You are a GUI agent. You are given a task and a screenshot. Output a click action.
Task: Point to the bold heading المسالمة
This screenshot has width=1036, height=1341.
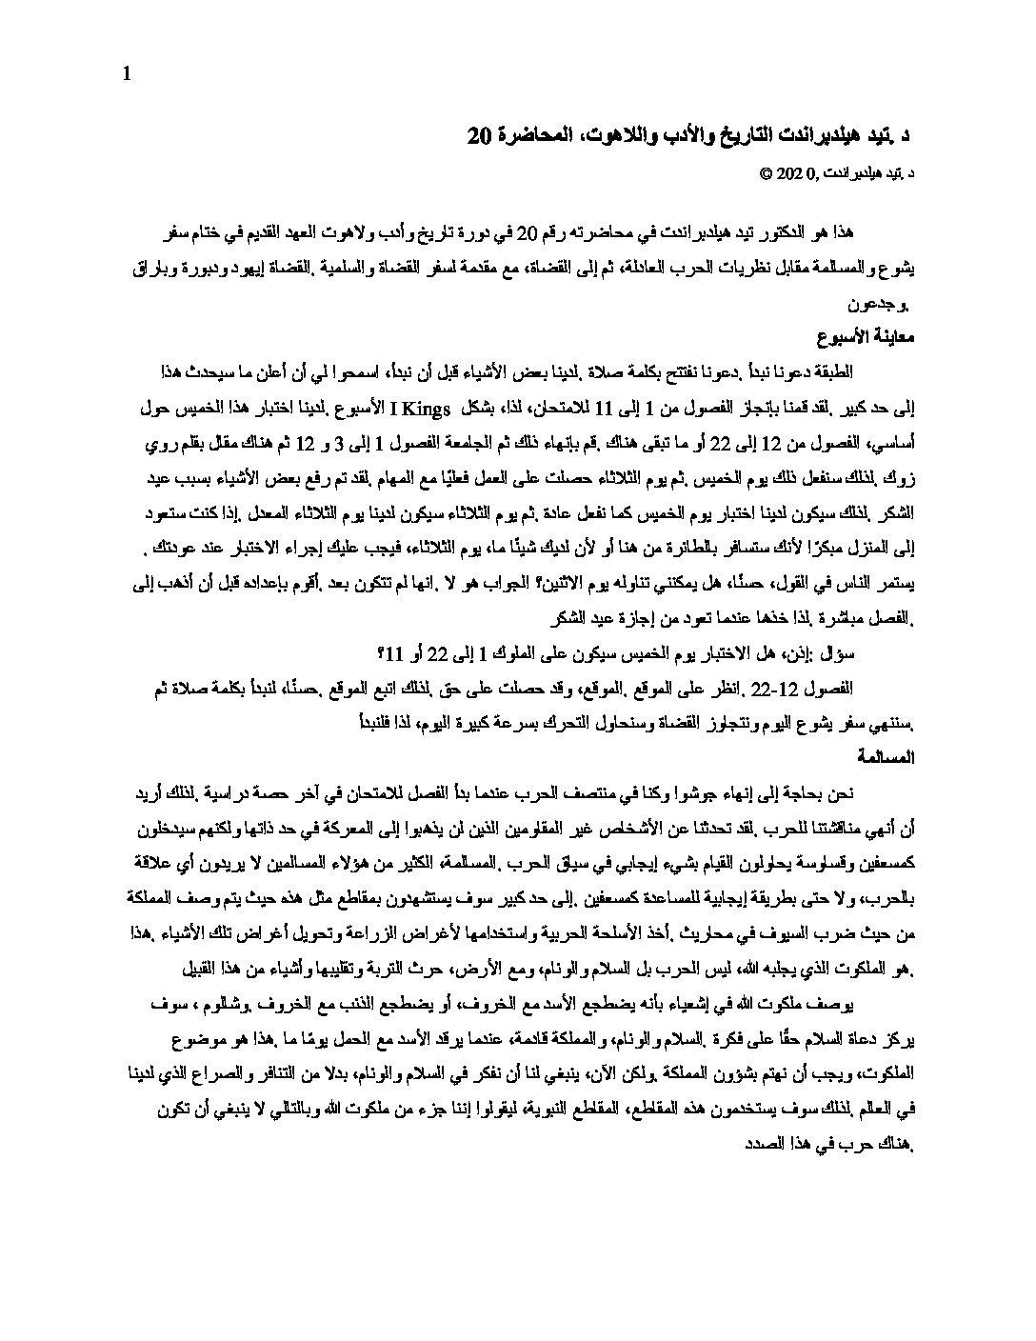pos(886,758)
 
